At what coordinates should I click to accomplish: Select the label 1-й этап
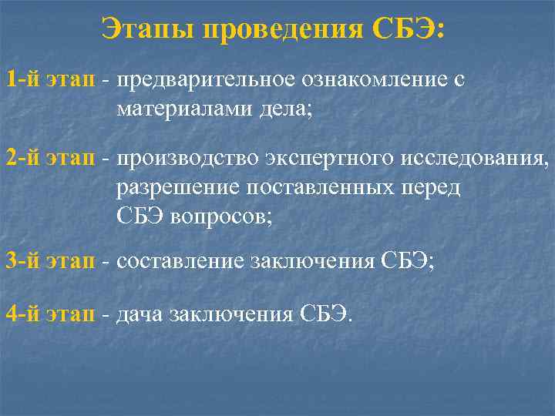[x=51, y=79]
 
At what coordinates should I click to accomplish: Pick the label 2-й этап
[x=51, y=159]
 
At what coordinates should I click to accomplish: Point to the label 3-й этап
[x=51, y=260]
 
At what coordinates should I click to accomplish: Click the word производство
[x=187, y=160]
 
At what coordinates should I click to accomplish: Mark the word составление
[x=180, y=261]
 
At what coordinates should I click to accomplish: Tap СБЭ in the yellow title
[x=402, y=30]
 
